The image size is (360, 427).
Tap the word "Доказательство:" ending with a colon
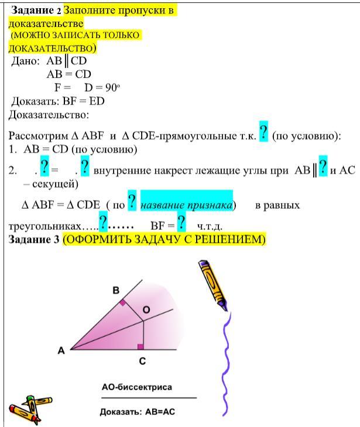[50, 115]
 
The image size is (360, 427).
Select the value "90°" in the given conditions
[112, 88]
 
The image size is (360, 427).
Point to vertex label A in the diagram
[61, 351]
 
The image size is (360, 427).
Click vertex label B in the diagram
[116, 290]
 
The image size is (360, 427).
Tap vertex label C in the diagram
[142, 361]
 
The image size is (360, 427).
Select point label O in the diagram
[146, 309]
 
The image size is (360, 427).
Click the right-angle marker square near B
[122, 302]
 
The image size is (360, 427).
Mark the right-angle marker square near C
[140, 347]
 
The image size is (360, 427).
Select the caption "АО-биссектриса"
[137, 387]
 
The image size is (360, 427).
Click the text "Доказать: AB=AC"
[138, 411]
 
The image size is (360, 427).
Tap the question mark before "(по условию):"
[263, 132]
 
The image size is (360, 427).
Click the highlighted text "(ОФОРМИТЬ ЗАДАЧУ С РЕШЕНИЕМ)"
[164, 240]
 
